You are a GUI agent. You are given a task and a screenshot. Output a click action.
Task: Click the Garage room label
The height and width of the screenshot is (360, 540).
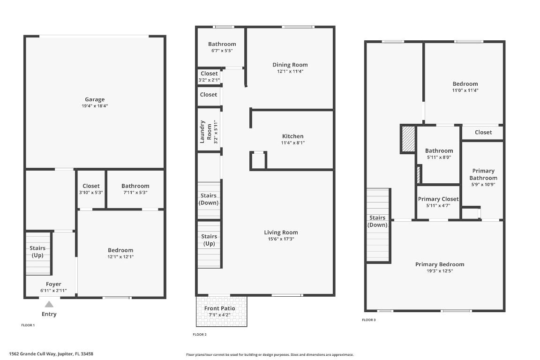coord(95,99)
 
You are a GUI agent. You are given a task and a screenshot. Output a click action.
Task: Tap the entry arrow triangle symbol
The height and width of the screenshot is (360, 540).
coord(49,304)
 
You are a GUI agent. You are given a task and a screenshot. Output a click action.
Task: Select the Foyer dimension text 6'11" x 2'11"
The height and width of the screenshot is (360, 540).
coord(53,291)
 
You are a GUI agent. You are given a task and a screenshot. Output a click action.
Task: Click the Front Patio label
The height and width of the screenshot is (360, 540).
coord(219,308)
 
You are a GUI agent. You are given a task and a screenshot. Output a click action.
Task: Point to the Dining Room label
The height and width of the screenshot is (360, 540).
coord(290,65)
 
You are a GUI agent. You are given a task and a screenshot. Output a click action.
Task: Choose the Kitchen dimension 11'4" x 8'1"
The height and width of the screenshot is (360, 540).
coord(292,142)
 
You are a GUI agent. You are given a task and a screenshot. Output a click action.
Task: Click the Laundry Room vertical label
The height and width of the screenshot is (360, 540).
coord(203,131)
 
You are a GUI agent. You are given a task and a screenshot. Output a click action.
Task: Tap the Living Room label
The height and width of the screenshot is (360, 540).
coord(281,232)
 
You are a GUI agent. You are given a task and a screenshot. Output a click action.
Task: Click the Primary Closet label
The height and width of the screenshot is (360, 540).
coord(438,199)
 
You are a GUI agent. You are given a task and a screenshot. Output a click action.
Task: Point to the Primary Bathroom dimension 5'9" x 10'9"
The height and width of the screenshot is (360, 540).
coord(483,184)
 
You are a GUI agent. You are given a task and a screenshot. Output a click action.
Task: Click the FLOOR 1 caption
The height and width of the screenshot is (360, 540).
coord(28,325)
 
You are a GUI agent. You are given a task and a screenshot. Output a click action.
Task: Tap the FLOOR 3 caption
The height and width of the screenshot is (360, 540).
coord(369,320)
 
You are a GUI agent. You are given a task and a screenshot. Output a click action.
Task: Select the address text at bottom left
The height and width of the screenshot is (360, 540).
coord(51,354)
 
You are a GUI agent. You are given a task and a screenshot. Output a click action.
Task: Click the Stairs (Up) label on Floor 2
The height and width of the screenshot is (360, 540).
coord(210,240)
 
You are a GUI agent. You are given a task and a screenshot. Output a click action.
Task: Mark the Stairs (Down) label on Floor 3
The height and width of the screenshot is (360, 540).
coord(377,221)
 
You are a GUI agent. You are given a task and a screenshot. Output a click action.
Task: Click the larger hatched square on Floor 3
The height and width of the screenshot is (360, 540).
coord(408,139)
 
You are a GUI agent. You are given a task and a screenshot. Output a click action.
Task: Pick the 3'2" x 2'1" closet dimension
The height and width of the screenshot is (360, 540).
coord(209,80)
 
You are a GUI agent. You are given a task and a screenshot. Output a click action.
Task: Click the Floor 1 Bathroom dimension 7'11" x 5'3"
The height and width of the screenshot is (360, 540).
coord(135,192)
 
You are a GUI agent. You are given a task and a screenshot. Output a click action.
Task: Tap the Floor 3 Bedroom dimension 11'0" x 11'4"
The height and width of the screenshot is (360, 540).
coord(465,90)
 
